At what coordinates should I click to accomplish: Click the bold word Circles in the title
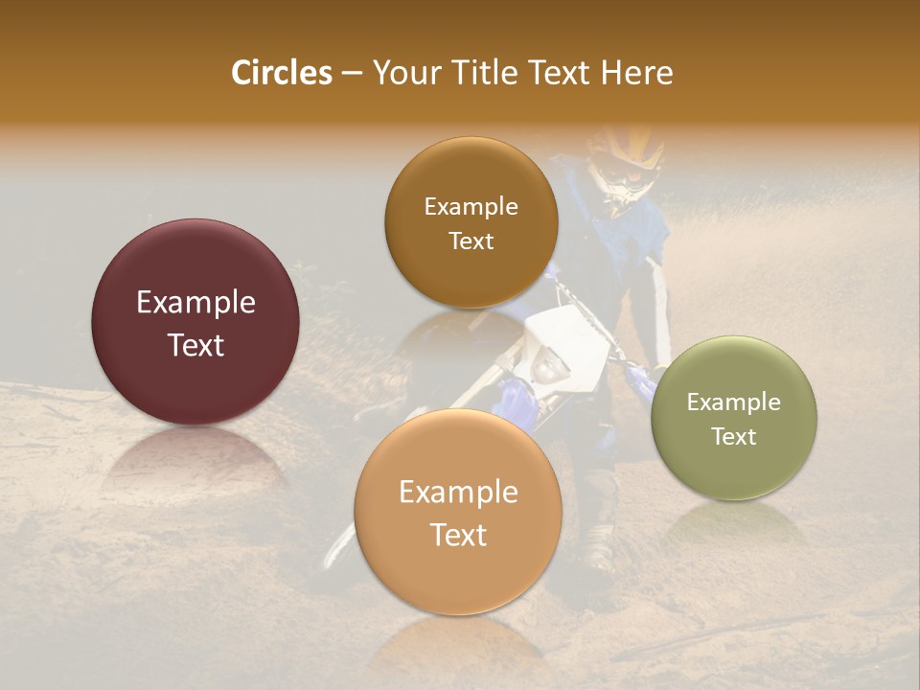pyautogui.click(x=281, y=73)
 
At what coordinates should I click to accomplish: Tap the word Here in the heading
pyautogui.click(x=636, y=73)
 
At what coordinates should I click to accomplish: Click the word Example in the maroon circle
pyautogui.click(x=195, y=303)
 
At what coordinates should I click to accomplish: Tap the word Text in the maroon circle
pyautogui.click(x=195, y=345)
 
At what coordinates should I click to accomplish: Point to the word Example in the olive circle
pyautogui.click(x=734, y=402)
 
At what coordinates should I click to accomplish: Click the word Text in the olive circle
pyautogui.click(x=734, y=436)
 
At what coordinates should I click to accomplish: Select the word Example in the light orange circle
pyautogui.click(x=458, y=493)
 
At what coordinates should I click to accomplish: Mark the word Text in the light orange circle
pyautogui.click(x=458, y=535)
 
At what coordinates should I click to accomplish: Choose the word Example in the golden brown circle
pyautogui.click(x=471, y=206)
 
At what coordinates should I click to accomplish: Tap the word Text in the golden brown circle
pyautogui.click(x=471, y=241)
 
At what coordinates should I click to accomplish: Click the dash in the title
pyautogui.click(x=352, y=74)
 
